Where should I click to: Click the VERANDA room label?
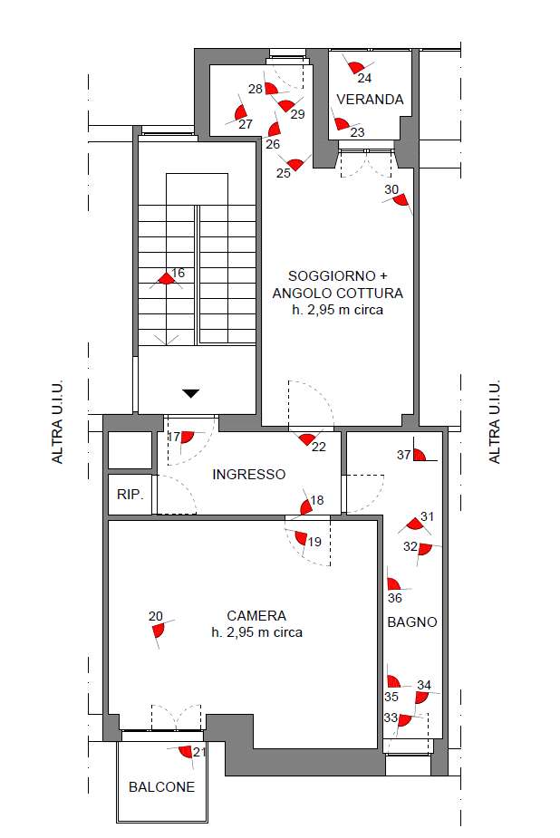point(370,100)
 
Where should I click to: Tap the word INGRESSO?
point(249,474)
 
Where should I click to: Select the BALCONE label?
point(161,786)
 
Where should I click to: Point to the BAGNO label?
point(412,622)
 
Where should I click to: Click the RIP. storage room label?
point(130,495)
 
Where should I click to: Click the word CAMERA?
point(256,616)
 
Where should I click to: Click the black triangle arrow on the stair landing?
point(191,394)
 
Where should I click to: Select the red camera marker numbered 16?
point(166,278)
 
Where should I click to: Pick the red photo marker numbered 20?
point(159,631)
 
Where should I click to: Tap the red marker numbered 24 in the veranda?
point(354,67)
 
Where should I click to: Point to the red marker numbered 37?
point(419,455)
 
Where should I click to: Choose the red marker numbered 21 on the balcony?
point(186,751)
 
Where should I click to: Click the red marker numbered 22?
point(306,439)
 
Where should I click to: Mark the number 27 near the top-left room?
point(246,124)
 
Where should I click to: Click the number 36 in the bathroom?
point(395,598)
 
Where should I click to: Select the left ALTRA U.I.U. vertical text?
point(57,421)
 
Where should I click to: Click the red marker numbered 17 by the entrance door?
point(187,438)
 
